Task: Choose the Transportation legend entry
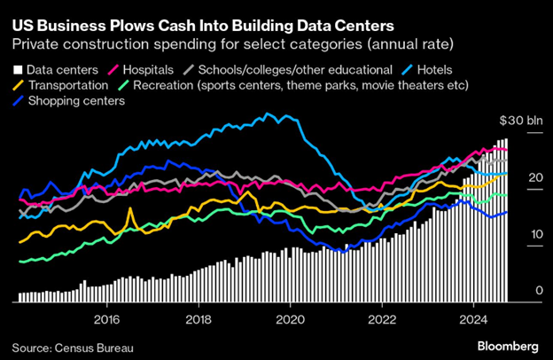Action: [63, 85]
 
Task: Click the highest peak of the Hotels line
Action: [267, 113]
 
